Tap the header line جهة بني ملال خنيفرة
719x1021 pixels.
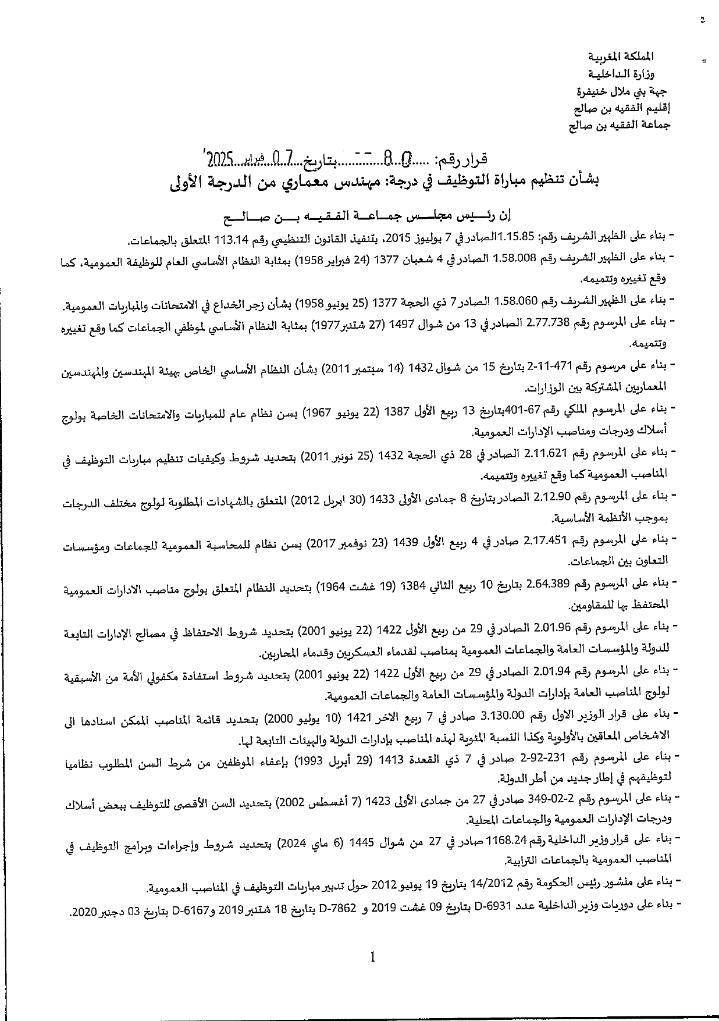[618, 91]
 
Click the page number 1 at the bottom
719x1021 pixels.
[372, 957]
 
